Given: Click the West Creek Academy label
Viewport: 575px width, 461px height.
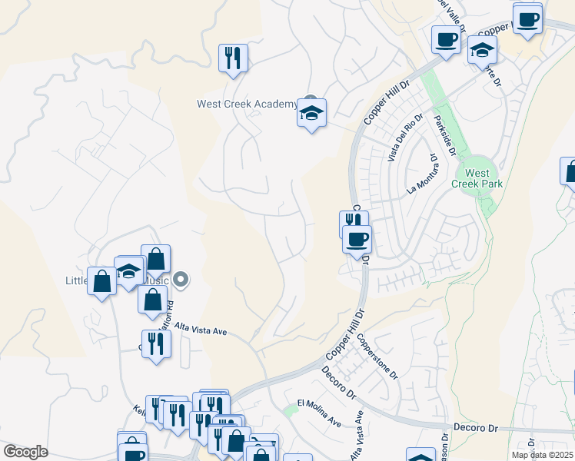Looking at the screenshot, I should tap(246, 104).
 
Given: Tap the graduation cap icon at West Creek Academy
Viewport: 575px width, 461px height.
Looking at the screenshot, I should tap(311, 113).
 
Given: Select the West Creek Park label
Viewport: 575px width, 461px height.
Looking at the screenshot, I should tap(477, 179).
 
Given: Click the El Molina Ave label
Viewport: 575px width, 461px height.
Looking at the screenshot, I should tap(319, 413).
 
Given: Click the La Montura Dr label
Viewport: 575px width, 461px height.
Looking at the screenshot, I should tap(423, 173).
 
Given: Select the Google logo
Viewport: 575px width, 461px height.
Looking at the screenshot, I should tap(25, 451).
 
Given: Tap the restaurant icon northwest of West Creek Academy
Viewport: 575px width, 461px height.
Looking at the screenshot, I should tap(233, 58).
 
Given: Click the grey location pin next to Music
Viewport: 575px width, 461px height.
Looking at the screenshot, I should tap(181, 280).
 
